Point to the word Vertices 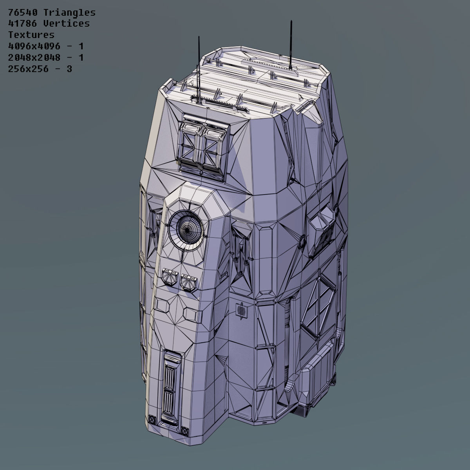[66, 23]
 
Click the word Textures [31, 35]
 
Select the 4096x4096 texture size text [34, 46]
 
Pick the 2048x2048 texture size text [34, 58]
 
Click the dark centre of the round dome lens [188, 226]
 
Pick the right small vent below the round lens [189, 281]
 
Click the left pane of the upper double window [190, 144]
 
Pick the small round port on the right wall [302, 241]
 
